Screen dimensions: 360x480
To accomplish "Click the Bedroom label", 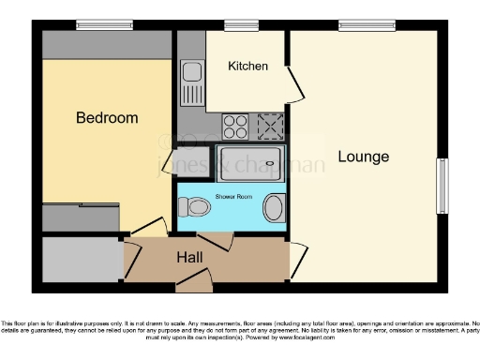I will click(107, 118).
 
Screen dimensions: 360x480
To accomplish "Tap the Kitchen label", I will click(248, 67).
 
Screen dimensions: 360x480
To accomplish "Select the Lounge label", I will click(363, 157).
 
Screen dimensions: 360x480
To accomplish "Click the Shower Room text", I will click(233, 196).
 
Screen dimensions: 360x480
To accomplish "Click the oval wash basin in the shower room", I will click(273, 207).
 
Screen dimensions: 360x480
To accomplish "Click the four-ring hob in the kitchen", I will click(234, 124).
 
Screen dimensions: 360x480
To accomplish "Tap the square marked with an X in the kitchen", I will click(270, 124).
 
